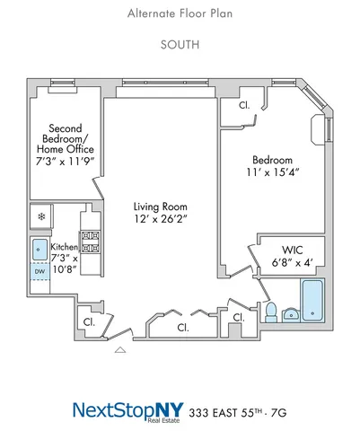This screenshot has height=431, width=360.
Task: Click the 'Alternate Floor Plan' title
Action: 179,13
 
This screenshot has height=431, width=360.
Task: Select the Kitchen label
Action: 64,246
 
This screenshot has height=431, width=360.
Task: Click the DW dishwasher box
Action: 40,270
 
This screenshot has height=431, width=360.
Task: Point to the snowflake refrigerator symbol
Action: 40,216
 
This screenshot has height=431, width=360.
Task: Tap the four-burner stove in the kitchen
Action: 90,241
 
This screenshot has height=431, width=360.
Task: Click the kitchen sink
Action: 40,249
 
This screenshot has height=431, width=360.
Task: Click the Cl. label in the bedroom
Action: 244,105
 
